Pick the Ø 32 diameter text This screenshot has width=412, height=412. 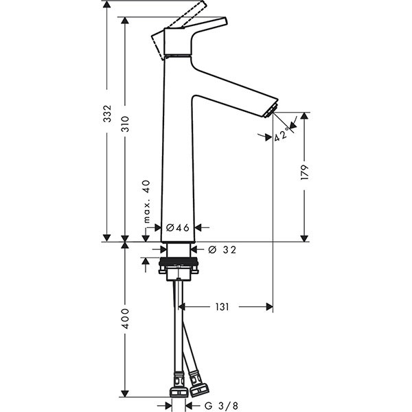coord(222,250)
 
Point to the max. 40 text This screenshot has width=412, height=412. coord(146,201)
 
